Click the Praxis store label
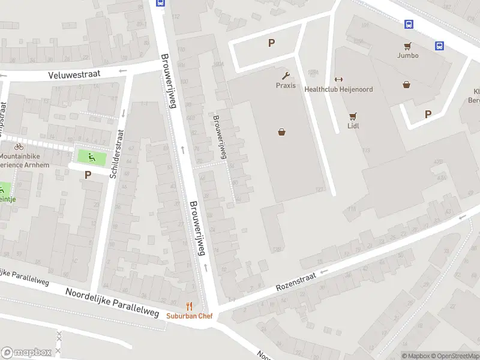coord(286,85)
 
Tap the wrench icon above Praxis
coord(286,76)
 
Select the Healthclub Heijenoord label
coord(338,89)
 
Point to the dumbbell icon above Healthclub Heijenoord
coord(338,80)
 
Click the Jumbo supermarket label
coord(407,55)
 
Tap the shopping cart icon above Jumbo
coord(407,46)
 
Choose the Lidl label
coord(353,126)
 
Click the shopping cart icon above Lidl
coord(353,116)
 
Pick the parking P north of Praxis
coord(271,43)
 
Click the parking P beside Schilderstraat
coord(88,175)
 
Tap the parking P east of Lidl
coord(428,114)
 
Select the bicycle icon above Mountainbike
coord(19,146)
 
